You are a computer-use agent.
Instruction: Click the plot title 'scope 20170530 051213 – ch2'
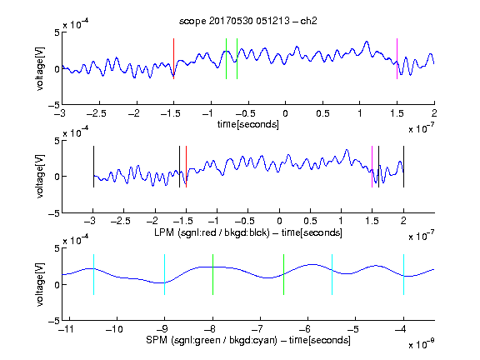[x=248, y=21]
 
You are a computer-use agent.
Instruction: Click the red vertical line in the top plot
[x=174, y=59]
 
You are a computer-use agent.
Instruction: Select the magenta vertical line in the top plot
[x=397, y=59]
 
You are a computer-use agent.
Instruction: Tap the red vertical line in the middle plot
[x=186, y=167]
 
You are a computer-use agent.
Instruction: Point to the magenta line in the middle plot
[x=372, y=167]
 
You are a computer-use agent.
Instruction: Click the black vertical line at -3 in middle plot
[x=93, y=167]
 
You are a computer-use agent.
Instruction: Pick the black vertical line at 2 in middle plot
[x=403, y=167]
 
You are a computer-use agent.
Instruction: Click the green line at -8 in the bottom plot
[x=212, y=275]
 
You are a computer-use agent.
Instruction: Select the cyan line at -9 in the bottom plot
[x=165, y=275]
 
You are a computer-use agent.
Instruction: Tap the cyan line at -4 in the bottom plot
[x=403, y=275]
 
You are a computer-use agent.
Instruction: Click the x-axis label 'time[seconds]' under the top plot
[x=248, y=124]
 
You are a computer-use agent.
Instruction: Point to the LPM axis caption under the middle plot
[x=248, y=232]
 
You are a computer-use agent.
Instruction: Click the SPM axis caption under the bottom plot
[x=248, y=340]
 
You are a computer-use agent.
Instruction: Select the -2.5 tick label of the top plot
[x=97, y=113]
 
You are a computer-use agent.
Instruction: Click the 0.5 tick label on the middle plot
[x=310, y=221]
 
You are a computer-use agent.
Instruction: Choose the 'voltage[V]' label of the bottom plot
[x=40, y=285]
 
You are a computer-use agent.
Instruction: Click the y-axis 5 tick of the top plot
[x=57, y=32]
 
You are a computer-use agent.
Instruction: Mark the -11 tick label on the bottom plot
[x=67, y=329]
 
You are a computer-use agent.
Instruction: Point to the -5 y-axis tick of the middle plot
[x=54, y=213]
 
